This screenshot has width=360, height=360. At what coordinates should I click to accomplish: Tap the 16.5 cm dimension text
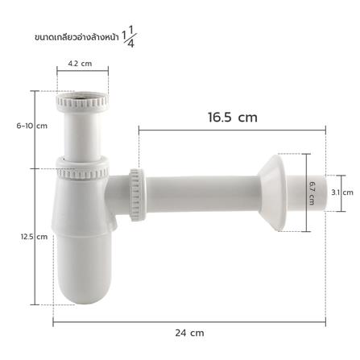click(x=231, y=117)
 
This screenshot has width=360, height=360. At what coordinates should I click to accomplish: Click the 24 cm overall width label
click(x=191, y=332)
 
